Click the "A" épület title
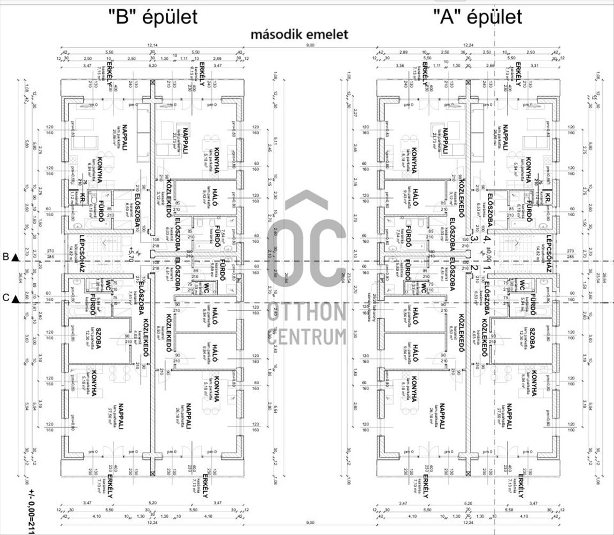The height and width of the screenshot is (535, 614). [x=477, y=16]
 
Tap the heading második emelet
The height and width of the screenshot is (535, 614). [x=300, y=35]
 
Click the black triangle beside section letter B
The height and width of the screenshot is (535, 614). [x=15, y=257]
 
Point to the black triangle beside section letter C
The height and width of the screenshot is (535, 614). [x=15, y=299]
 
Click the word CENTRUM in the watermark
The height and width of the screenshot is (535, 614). [x=307, y=337]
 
